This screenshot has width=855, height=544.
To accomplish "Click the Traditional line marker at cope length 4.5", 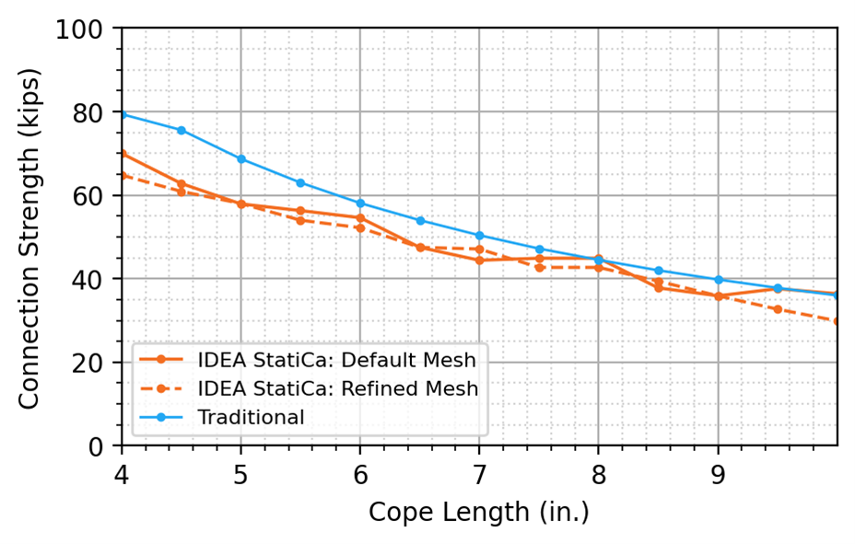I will click(182, 130).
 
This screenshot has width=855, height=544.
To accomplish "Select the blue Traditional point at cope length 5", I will click(241, 159).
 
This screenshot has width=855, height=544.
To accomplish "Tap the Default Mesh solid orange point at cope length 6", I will click(360, 218).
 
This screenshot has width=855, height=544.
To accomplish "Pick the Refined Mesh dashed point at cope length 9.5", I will click(778, 309).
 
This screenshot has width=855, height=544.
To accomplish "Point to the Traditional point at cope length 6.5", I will click(420, 220).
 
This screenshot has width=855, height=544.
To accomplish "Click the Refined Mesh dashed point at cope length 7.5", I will click(539, 267).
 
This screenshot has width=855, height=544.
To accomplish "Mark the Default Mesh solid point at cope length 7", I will click(479, 260).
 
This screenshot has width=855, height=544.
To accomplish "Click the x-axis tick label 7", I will click(479, 473).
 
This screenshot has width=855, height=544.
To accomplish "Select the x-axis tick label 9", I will click(718, 473).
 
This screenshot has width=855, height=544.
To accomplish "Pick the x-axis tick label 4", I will click(122, 473).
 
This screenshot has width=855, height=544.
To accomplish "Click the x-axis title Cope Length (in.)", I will click(478, 512).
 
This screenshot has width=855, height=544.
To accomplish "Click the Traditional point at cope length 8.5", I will click(658, 271).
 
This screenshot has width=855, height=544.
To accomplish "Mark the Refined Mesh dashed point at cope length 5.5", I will click(300, 220).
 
